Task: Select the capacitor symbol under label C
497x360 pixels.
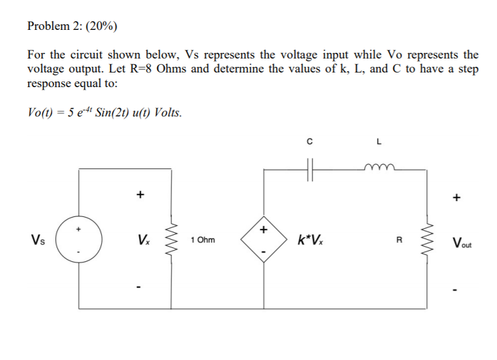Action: (309, 170)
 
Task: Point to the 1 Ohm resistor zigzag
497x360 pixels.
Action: (170, 240)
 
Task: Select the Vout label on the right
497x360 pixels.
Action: (463, 242)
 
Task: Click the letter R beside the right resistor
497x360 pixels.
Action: (399, 240)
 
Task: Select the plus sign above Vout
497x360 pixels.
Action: (456, 197)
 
